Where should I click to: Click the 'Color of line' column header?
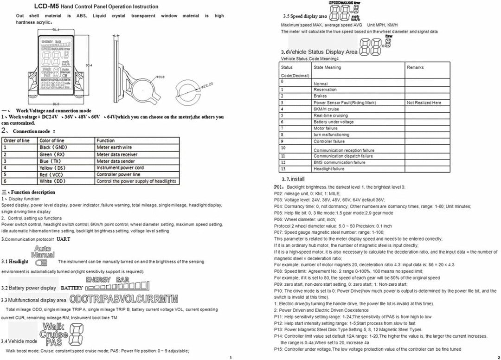pyautogui.click(x=52, y=140)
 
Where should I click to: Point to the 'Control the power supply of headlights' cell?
pyautogui.click(x=136, y=181)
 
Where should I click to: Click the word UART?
pyautogui.click(x=64, y=239)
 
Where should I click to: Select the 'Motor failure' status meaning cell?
pyautogui.click(x=326, y=129)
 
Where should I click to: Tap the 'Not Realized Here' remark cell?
pyautogui.click(x=424, y=103)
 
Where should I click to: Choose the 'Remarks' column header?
pyautogui.click(x=415, y=67)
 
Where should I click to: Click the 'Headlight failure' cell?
pyautogui.click(x=329, y=169)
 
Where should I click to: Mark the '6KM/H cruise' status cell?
pyautogui.click(x=326, y=109)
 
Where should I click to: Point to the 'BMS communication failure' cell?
pyautogui.click(x=339, y=162)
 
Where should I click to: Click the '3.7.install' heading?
pyautogui.click(x=293, y=179)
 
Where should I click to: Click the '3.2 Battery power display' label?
pyautogui.click(x=29, y=288)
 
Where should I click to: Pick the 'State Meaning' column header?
pyautogui.click(x=327, y=67)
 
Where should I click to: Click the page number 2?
pyautogui.click(x=498, y=357)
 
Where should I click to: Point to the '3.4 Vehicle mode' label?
pyautogui.click(x=20, y=341)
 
